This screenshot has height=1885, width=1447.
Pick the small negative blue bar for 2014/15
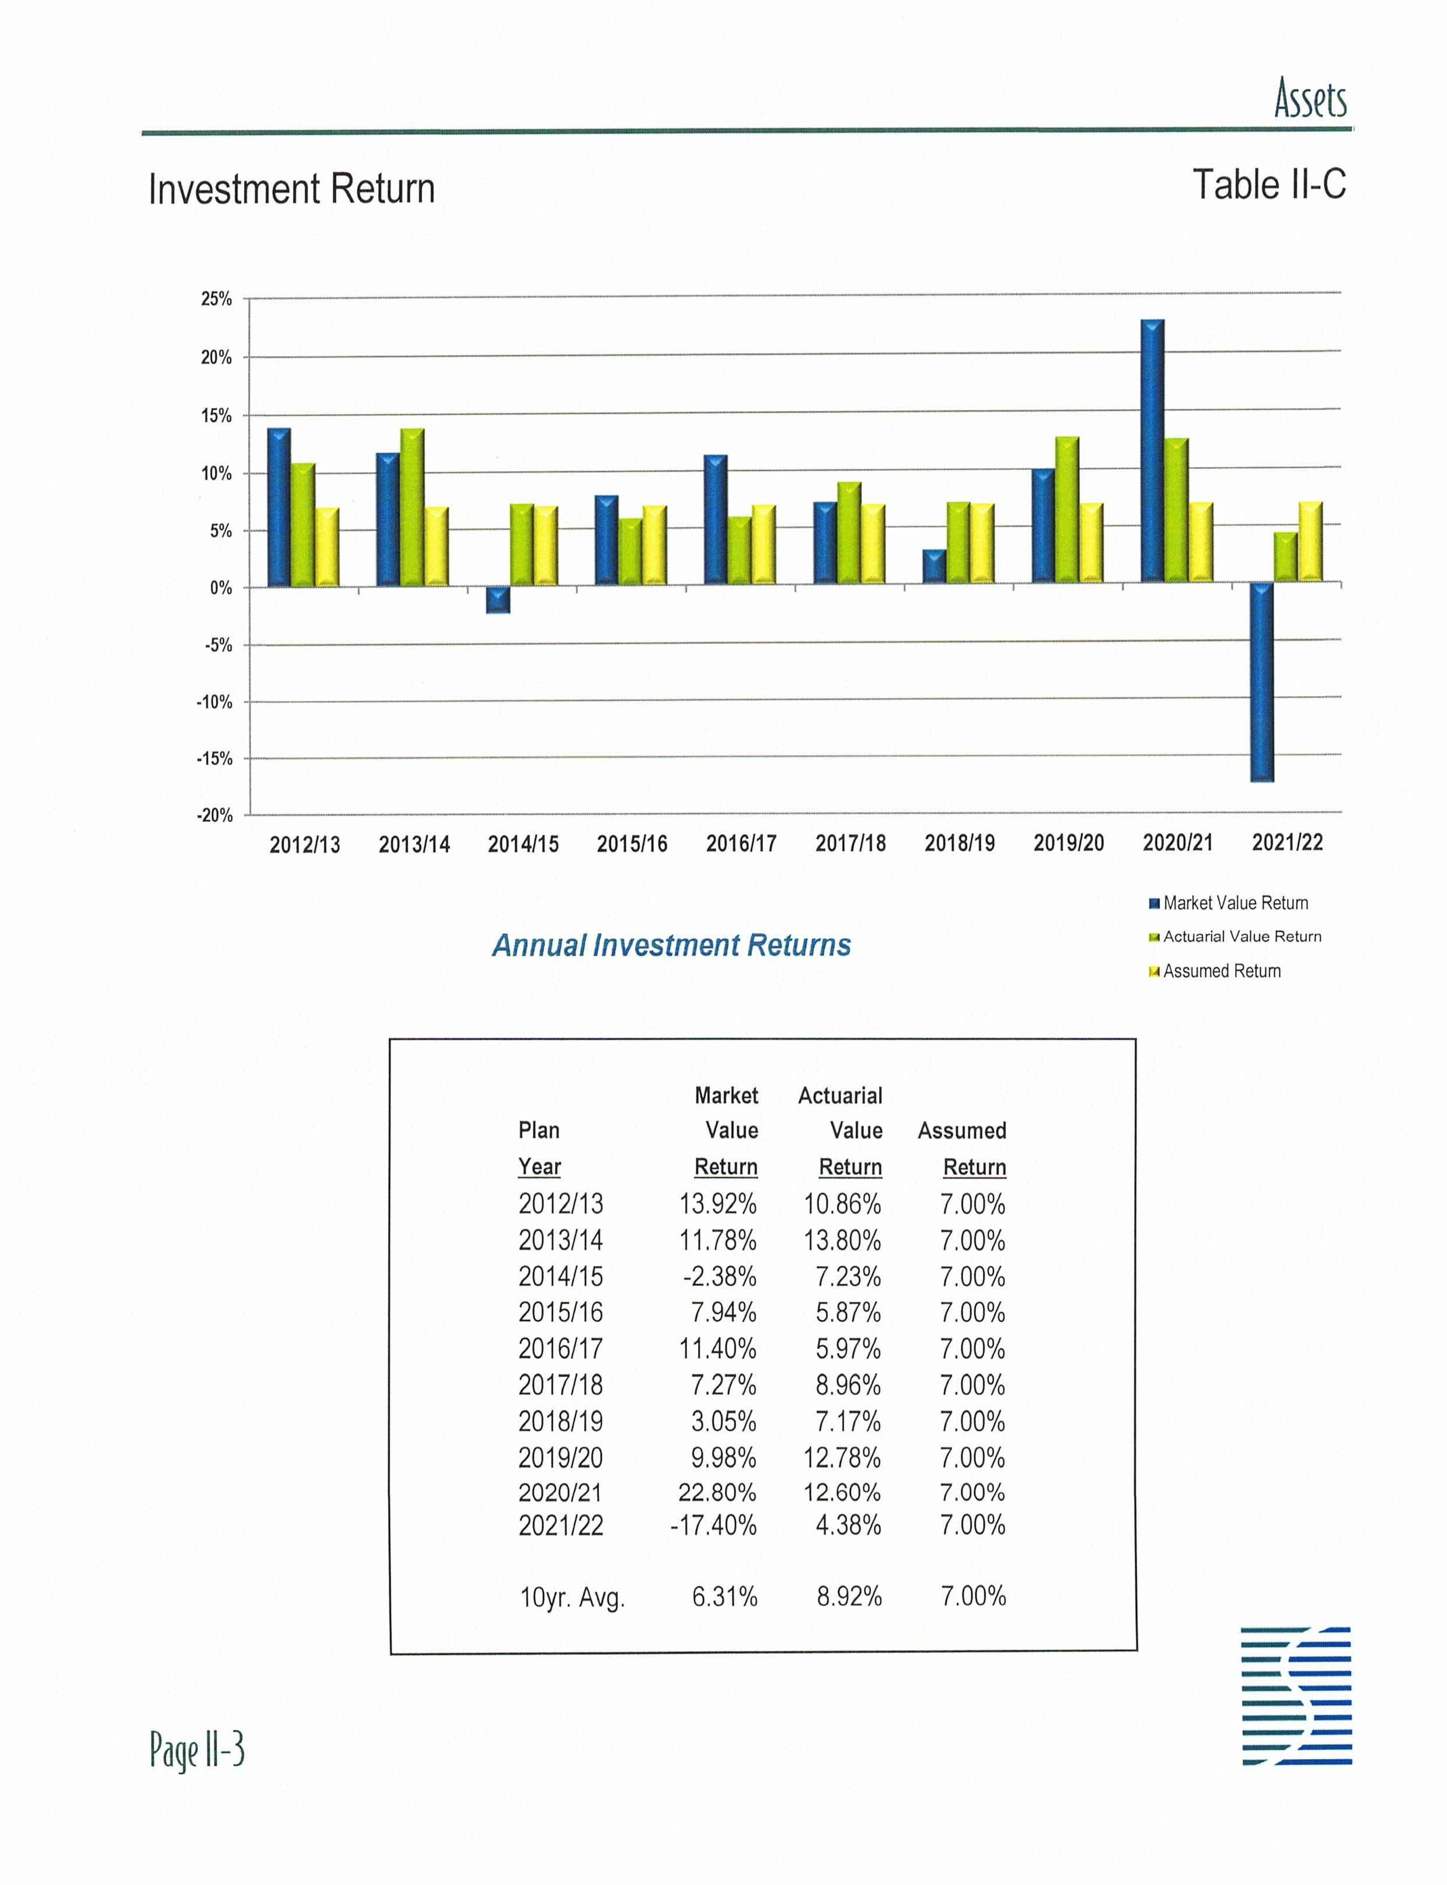498,600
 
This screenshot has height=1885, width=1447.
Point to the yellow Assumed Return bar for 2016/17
763,545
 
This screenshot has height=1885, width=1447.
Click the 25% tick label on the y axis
216,299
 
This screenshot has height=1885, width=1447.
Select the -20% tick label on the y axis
214,815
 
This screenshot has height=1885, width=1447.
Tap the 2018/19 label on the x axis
960,842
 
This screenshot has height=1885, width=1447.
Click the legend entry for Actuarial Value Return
1241,936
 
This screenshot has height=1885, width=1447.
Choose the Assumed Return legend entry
1221,971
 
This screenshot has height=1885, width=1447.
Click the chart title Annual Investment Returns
671,945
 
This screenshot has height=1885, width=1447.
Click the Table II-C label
1269,184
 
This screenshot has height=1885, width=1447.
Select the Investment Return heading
291,189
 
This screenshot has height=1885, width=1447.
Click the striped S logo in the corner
1296,1695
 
